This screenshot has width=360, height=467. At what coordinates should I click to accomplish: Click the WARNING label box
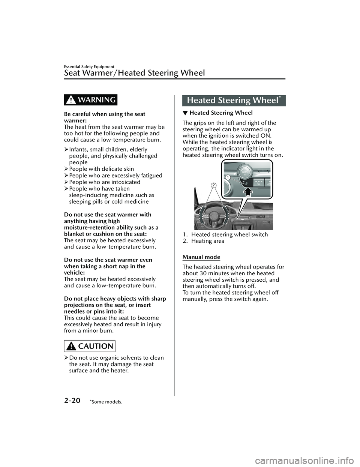click(x=90, y=100)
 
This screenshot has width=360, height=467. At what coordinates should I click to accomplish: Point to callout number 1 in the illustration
click(x=227, y=177)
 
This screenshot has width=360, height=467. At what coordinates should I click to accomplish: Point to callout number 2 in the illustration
click(x=213, y=185)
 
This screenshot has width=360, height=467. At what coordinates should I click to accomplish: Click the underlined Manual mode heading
click(x=201, y=257)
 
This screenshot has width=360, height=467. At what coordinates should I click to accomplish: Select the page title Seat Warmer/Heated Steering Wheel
click(x=135, y=72)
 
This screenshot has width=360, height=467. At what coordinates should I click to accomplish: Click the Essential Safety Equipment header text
click(x=89, y=66)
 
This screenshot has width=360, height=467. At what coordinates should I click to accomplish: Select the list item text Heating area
click(x=208, y=241)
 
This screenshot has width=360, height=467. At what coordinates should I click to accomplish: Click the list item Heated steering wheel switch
click(x=229, y=234)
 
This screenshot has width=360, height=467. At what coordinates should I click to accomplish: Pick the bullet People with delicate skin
click(x=102, y=169)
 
